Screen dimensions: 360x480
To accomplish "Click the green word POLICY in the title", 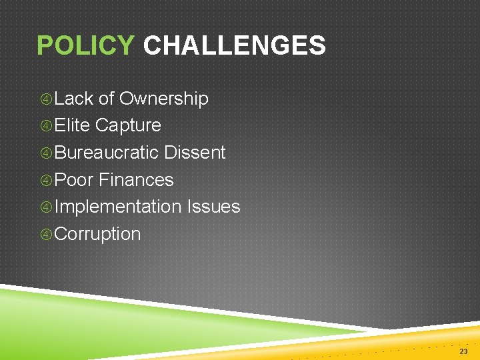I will pyautogui.click(x=85, y=46).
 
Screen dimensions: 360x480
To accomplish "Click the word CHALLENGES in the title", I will pyautogui.click(x=234, y=46).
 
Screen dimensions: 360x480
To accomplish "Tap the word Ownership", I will pyautogui.click(x=163, y=99).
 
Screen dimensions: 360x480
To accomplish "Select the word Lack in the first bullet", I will pyautogui.click(x=74, y=99).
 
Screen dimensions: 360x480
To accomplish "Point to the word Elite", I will pyautogui.click(x=72, y=125).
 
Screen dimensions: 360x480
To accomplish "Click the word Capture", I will pyautogui.click(x=128, y=125).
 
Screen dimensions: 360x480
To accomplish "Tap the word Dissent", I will pyautogui.click(x=195, y=153).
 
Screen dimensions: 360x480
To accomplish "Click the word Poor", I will pyautogui.click(x=74, y=180).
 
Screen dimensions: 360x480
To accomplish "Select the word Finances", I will pyautogui.click(x=136, y=180).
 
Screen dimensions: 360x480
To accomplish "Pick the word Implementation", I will pyautogui.click(x=118, y=207).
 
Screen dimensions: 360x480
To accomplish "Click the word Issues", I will pyautogui.click(x=213, y=207).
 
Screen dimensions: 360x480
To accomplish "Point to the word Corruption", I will pyautogui.click(x=98, y=234).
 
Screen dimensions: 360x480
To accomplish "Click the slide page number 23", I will pyautogui.click(x=463, y=351).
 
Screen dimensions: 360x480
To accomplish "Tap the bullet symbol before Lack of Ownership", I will pyautogui.click(x=46, y=99).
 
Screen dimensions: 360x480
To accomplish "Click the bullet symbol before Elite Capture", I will pyautogui.click(x=46, y=126).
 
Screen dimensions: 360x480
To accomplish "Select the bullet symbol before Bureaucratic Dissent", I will pyautogui.click(x=46, y=153).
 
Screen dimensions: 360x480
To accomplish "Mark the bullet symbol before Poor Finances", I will pyautogui.click(x=46, y=181).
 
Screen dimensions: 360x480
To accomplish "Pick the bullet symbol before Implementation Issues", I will pyautogui.click(x=46, y=207).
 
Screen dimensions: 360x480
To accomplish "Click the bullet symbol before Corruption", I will pyautogui.click(x=46, y=235).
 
